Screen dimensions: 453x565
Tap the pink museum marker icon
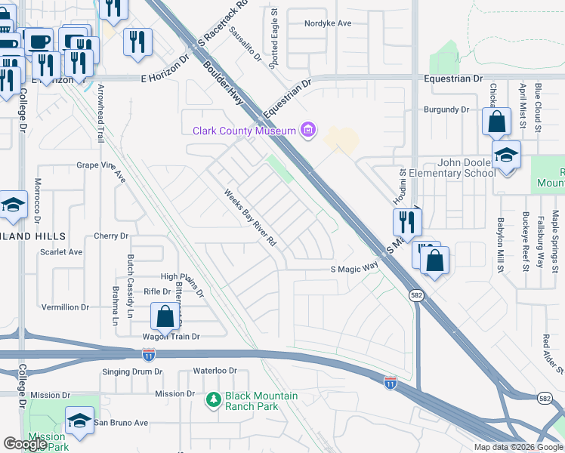click(307, 131)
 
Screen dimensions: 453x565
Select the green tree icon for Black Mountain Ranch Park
click(214, 399)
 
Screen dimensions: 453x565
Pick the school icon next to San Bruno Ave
click(79, 421)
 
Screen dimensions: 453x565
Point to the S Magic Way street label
click(354, 268)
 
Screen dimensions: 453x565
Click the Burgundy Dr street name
click(446, 109)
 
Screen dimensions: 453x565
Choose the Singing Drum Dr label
click(132, 371)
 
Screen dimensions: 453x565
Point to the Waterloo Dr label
click(215, 371)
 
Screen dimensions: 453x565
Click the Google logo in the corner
click(26, 444)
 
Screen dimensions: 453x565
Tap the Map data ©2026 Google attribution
click(517, 447)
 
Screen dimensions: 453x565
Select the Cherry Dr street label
click(111, 236)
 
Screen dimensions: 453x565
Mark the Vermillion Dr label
click(65, 307)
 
